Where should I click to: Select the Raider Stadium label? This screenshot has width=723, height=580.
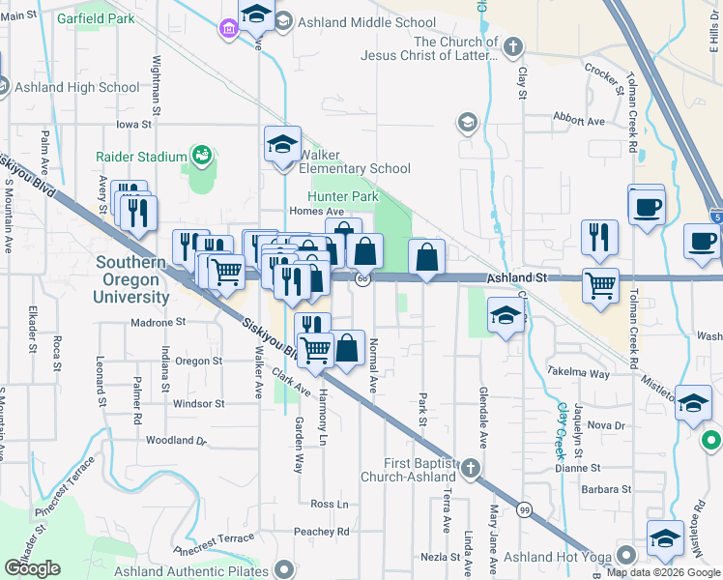pos(141,157)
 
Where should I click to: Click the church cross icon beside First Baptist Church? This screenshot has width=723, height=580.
pos(470,470)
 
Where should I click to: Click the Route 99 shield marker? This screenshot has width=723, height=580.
pos(525,509)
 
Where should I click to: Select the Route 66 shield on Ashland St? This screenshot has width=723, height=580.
pos(361,278)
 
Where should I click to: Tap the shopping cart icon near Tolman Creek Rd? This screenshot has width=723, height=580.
pos(601,285)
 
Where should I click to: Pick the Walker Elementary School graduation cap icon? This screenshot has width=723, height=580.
pos(282,144)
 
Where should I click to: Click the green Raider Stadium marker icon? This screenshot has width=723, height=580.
pos(202,155)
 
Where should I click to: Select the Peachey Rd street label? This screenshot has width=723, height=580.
pos(322,532)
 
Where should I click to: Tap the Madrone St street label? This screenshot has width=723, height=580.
pos(158,322)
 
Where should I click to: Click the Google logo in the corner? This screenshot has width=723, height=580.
pos(33,567)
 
